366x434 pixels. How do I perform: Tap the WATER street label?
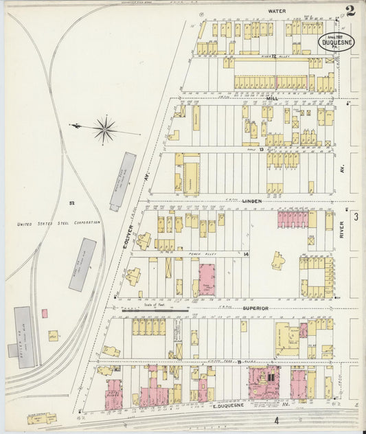click(277, 12)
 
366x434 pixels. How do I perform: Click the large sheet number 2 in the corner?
click(350, 10)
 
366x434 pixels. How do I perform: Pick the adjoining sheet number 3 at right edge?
click(356, 217)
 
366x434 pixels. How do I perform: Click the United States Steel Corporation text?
click(59, 222)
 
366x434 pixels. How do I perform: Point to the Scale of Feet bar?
click(155, 310)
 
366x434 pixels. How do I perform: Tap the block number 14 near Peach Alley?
click(245, 254)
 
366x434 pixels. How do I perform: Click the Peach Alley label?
click(198, 254)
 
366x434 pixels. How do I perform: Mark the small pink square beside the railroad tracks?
click(45, 313)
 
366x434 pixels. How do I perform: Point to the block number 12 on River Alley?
click(273, 56)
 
